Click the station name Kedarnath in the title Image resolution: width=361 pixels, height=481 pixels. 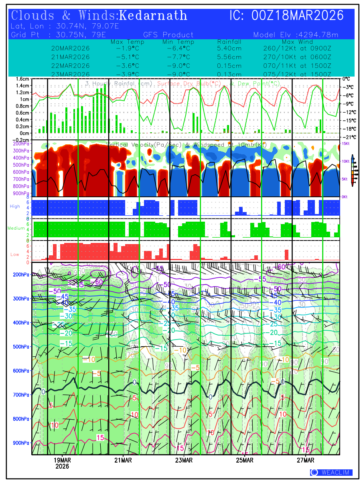(153, 16)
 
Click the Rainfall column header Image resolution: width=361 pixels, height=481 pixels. (229, 42)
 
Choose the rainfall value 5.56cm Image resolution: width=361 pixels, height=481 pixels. (229, 57)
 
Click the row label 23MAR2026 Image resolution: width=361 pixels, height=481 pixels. (71, 74)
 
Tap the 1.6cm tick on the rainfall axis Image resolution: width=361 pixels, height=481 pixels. (23, 79)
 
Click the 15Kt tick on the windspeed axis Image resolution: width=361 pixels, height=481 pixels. (345, 143)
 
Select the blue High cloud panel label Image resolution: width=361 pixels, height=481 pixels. (14, 206)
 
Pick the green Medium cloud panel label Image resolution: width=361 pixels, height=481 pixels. (16, 228)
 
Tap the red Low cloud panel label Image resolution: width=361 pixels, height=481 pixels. (14, 254)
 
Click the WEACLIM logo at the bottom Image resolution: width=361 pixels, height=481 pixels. (331, 473)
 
